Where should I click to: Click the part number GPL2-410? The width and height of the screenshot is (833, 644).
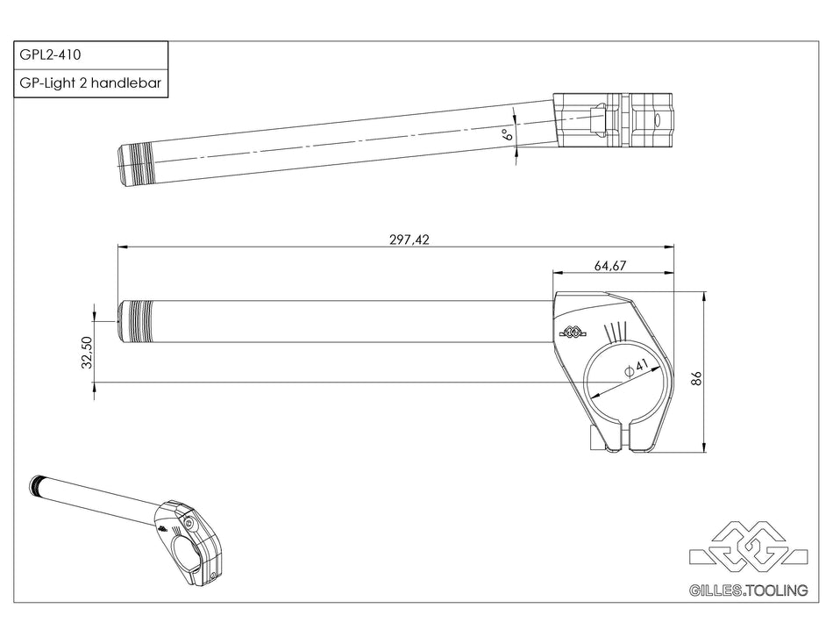51,54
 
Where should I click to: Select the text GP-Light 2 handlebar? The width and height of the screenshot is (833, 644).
89,82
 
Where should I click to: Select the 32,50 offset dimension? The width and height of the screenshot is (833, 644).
87,353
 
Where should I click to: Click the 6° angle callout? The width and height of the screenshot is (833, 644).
506,134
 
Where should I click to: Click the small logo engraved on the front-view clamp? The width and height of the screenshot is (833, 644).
571,333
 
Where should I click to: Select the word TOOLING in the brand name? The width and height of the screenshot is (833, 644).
777,591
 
